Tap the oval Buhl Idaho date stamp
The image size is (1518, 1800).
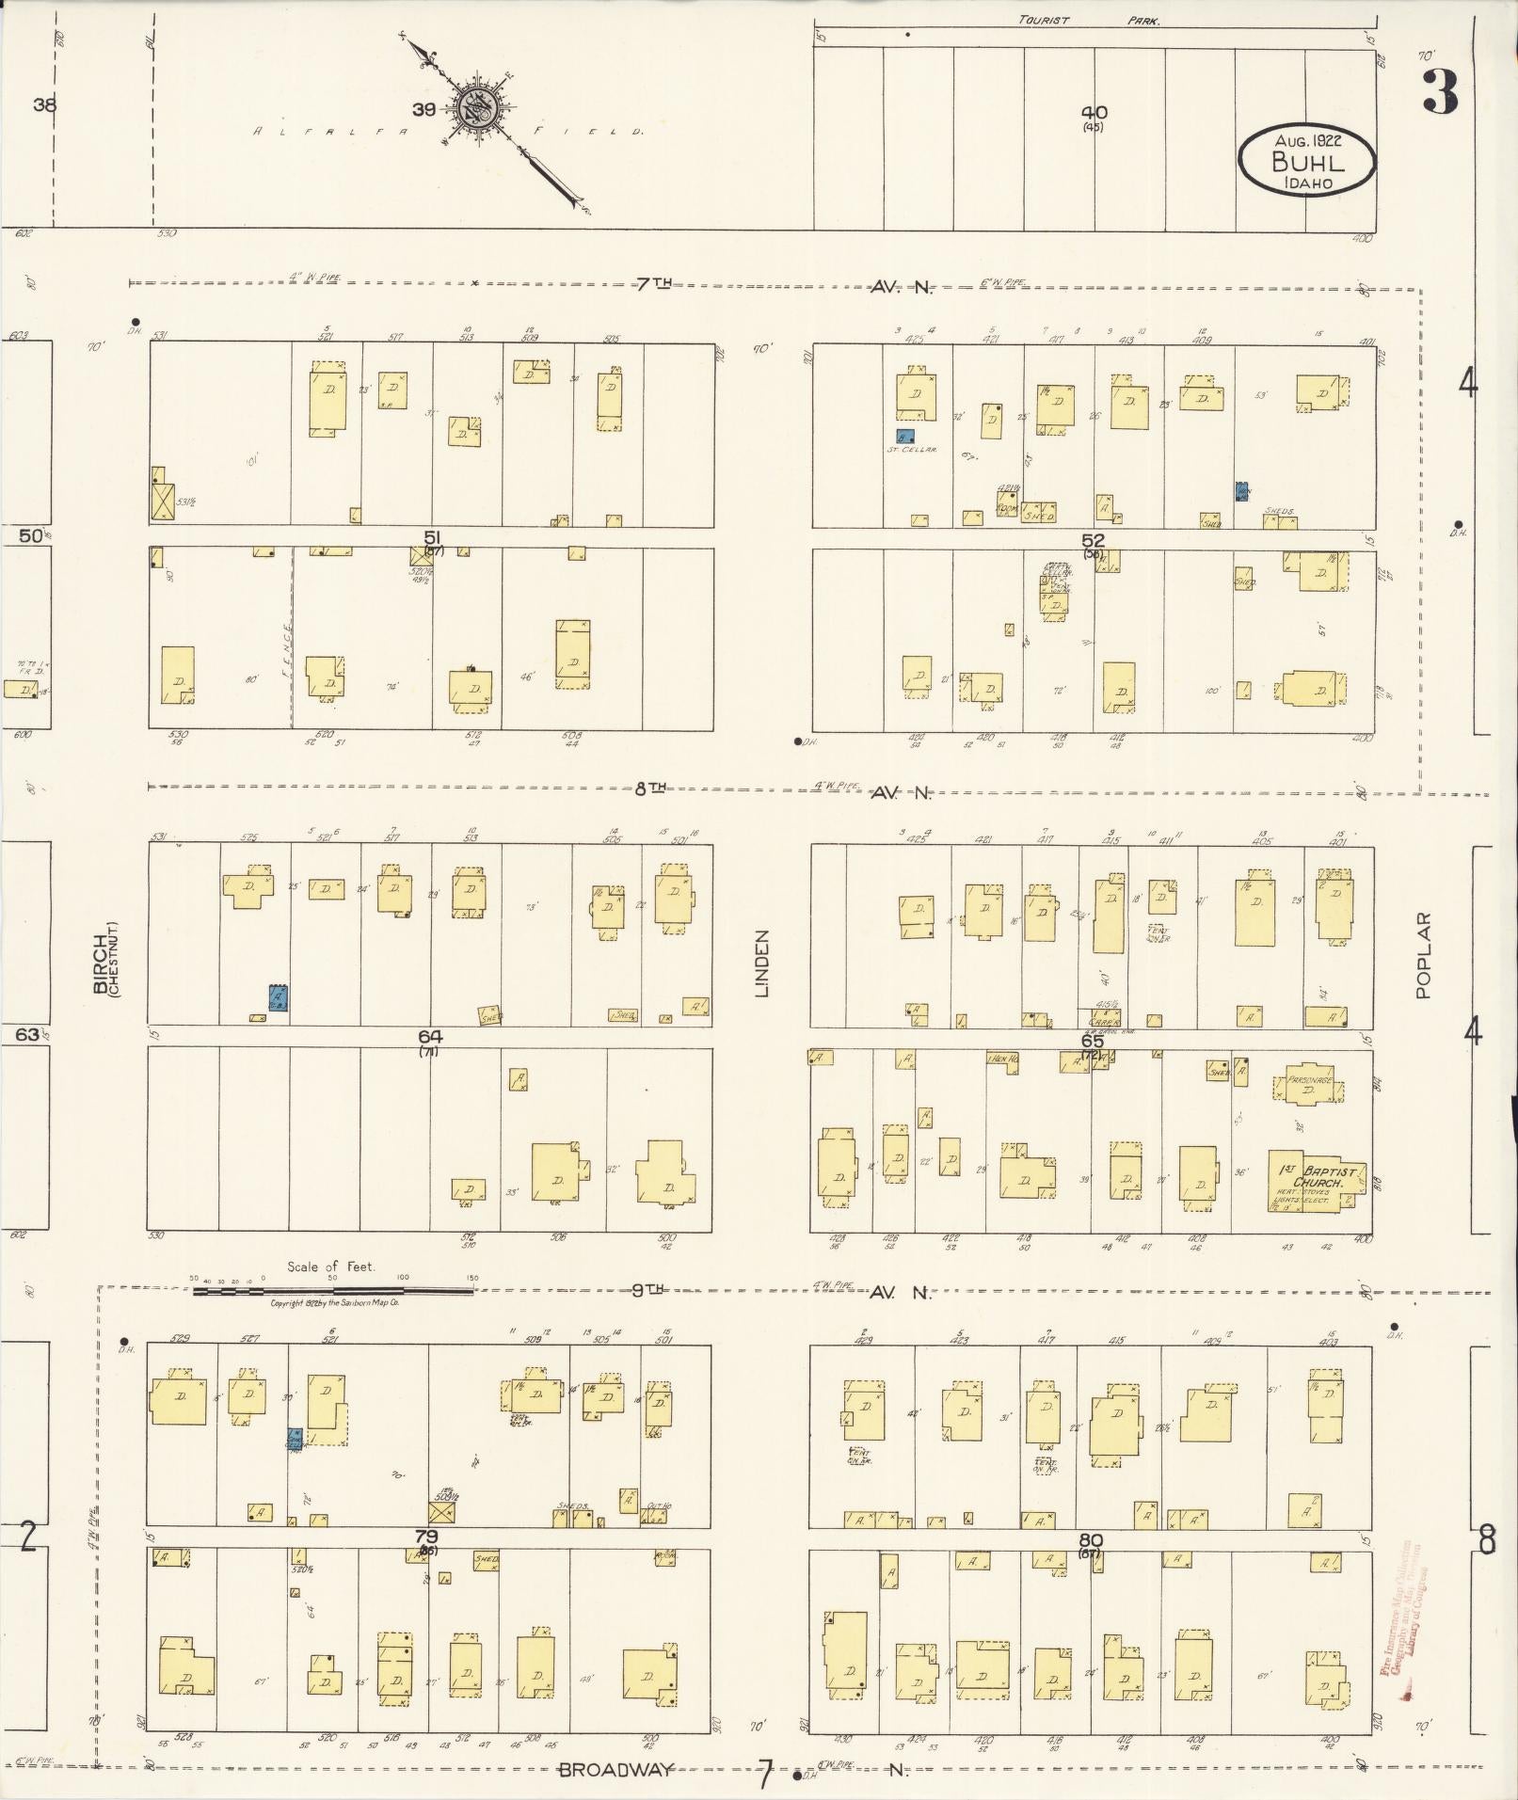1307,161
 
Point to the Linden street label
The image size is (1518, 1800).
762,963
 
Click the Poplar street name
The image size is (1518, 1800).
1423,954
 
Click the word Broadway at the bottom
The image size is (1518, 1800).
616,1769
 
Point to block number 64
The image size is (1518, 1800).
430,1036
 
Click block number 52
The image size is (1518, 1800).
1093,540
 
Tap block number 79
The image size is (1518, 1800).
426,1536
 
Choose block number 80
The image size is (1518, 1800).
1091,1539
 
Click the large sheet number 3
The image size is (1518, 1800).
1440,92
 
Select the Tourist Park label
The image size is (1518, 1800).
1088,20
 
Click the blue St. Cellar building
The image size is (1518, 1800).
904,437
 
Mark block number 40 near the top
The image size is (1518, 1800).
1094,112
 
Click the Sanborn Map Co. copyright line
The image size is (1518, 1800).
334,1303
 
